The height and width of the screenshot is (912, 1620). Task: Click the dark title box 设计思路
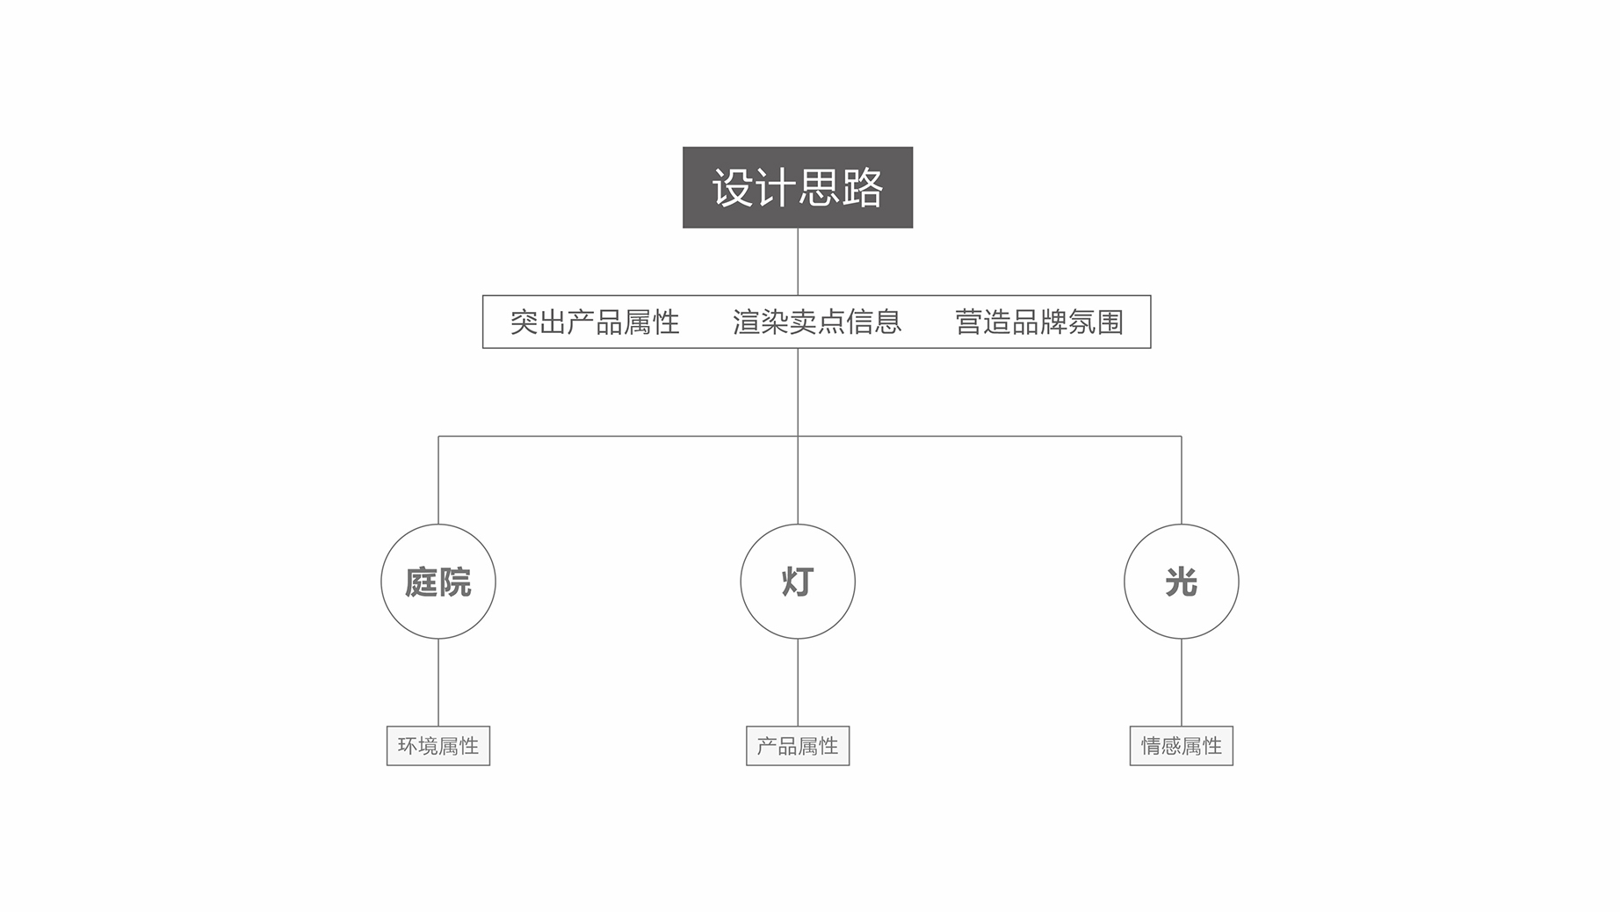point(798,187)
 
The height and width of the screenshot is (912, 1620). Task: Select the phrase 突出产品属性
point(595,322)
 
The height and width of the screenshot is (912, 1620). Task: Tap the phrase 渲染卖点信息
point(817,322)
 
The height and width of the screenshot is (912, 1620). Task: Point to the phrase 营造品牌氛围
point(1039,322)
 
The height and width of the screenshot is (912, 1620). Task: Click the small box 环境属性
point(438,746)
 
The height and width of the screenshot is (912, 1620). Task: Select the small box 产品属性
point(798,746)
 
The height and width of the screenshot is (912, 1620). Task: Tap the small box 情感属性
point(1182,746)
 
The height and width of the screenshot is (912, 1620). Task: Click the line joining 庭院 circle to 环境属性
point(438,683)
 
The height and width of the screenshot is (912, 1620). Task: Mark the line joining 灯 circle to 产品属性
point(798,683)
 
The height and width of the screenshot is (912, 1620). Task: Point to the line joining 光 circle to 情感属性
point(1182,683)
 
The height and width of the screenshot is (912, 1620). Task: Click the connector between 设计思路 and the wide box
point(798,262)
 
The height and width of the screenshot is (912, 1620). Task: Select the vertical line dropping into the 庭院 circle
point(438,480)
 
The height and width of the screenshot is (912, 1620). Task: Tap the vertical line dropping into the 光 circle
point(1182,480)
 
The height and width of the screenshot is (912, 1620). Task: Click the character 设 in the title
point(733,188)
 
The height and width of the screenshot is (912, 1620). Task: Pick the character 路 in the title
point(863,188)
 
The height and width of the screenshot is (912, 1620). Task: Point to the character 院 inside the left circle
point(455,583)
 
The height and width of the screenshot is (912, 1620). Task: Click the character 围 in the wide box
point(1110,322)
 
